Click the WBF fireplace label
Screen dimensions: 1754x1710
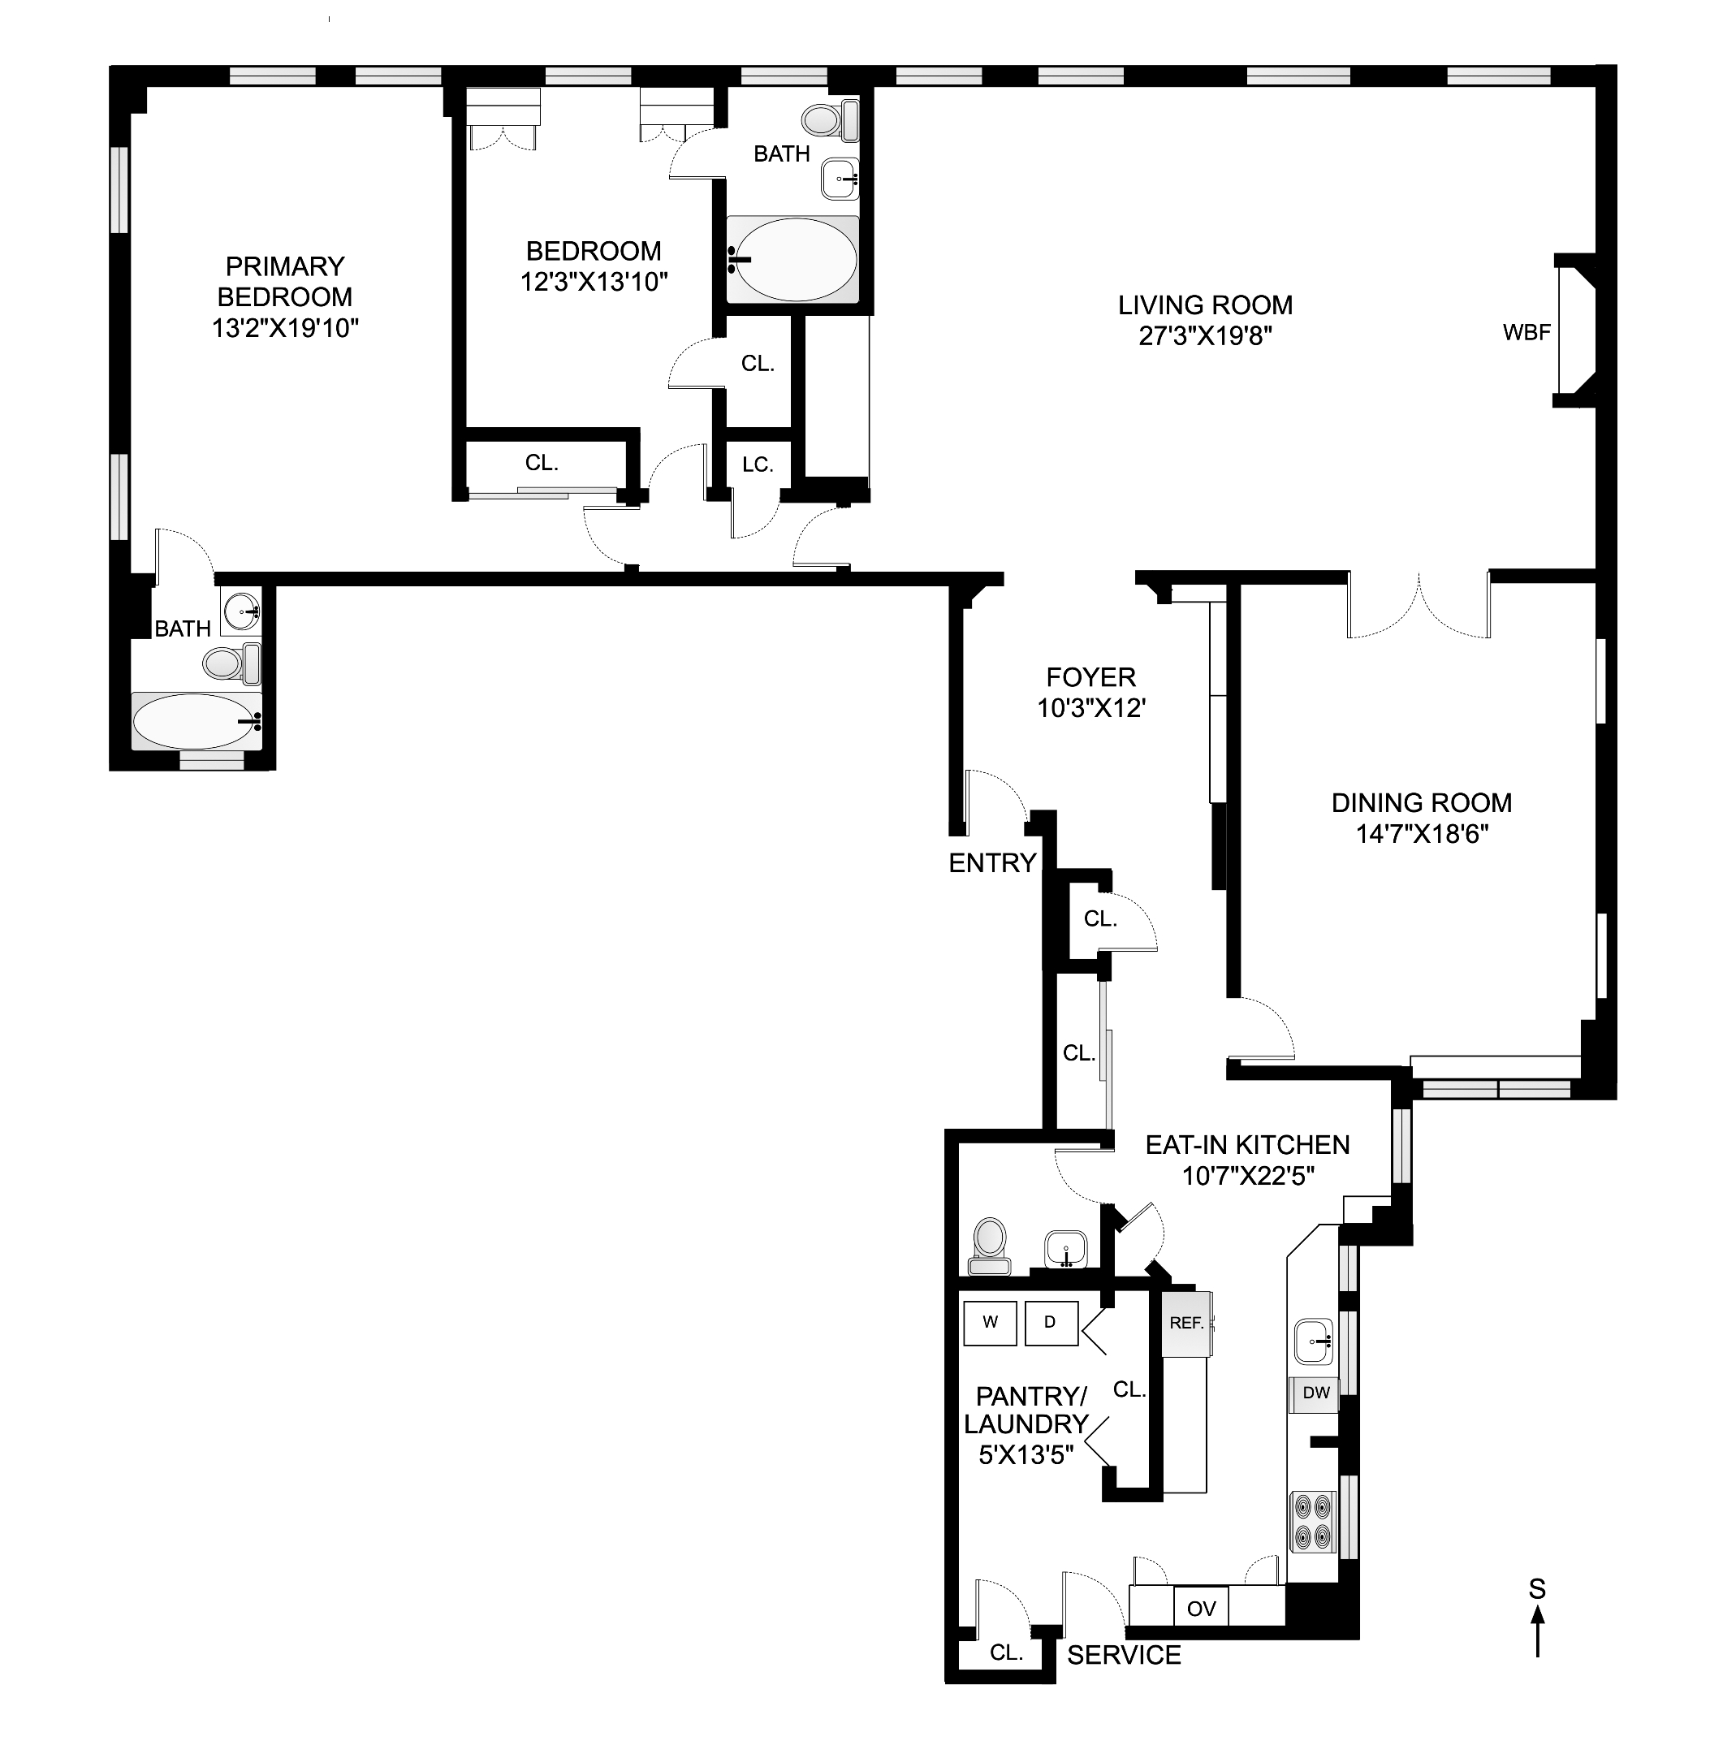pos(1526,332)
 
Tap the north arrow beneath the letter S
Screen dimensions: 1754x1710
pos(1538,1630)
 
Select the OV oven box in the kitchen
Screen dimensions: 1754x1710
pos(1201,1609)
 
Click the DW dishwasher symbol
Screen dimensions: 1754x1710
pos(1315,1393)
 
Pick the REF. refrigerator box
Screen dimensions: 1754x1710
pos(1186,1323)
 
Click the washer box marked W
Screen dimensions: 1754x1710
pos(990,1322)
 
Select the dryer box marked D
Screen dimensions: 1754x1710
pos(1050,1322)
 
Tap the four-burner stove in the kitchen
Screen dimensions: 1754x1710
pos(1313,1522)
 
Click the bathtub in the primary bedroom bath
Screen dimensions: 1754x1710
pos(196,720)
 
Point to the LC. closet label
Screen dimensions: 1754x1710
pos(757,464)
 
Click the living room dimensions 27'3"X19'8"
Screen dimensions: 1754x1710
pos(1205,336)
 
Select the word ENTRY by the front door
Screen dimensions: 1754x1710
pos(992,863)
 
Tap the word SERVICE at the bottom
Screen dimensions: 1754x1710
pos(1124,1655)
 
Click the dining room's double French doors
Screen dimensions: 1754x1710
pos(1419,607)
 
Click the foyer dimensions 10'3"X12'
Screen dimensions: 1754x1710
pos(1091,709)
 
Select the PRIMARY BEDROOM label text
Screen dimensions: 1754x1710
pos(285,281)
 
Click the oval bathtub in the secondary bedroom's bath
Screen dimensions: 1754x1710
pos(792,260)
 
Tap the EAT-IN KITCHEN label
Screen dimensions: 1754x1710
pos(1247,1145)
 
